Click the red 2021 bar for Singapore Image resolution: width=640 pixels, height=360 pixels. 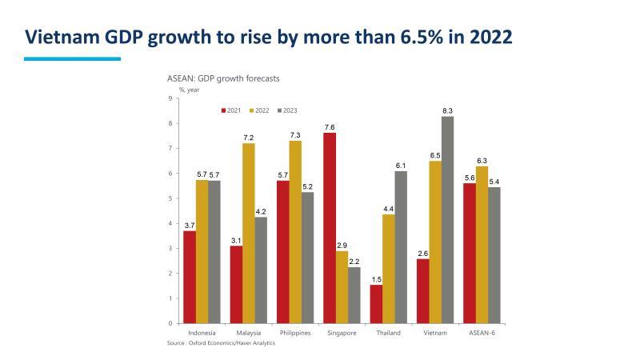point(330,228)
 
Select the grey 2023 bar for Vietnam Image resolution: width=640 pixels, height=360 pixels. point(447,220)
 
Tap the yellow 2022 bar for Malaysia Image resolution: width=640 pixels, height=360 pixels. point(249,233)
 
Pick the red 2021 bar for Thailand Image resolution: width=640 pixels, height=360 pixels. point(376,304)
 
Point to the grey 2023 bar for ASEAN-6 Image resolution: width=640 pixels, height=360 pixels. point(494,255)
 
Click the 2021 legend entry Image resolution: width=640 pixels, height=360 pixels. point(231,110)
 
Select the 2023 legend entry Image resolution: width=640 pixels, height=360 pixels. point(287,110)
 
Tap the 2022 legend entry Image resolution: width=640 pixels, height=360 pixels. point(259,110)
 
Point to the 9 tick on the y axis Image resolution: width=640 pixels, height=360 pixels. point(170,98)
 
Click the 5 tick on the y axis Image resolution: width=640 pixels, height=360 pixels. point(170,198)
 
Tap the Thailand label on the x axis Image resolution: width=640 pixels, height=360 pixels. point(389,333)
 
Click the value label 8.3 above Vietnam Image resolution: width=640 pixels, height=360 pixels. point(447,110)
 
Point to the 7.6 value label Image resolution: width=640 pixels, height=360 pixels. point(330,127)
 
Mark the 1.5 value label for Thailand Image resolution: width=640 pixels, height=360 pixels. point(376,279)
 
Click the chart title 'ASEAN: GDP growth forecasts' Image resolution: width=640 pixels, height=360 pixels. point(222,78)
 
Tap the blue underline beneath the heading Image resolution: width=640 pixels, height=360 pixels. point(72,58)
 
